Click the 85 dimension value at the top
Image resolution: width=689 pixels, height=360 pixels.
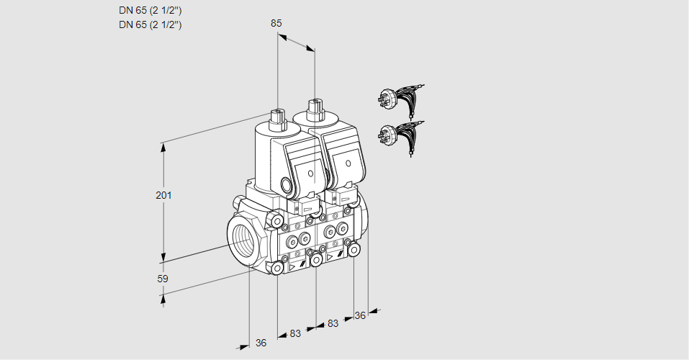276,23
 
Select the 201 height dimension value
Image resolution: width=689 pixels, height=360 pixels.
163,195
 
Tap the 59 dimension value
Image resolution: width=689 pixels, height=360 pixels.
163,279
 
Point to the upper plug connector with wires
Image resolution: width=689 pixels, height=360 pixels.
400,100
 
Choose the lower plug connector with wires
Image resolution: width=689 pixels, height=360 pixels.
400,137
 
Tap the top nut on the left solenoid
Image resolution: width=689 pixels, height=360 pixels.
277,119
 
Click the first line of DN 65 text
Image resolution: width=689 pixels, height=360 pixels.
150,11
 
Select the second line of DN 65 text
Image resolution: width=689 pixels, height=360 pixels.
150,24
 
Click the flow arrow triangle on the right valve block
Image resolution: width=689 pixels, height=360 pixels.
329,257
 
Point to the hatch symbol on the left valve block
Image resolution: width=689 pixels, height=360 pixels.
303,264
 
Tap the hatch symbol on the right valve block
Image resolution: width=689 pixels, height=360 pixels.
341,254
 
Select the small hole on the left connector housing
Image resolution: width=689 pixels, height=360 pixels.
311,174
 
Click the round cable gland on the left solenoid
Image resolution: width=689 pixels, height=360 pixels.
287,186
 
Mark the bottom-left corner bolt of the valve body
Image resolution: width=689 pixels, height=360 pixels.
277,268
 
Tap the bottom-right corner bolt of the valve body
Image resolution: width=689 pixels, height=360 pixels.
353,251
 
